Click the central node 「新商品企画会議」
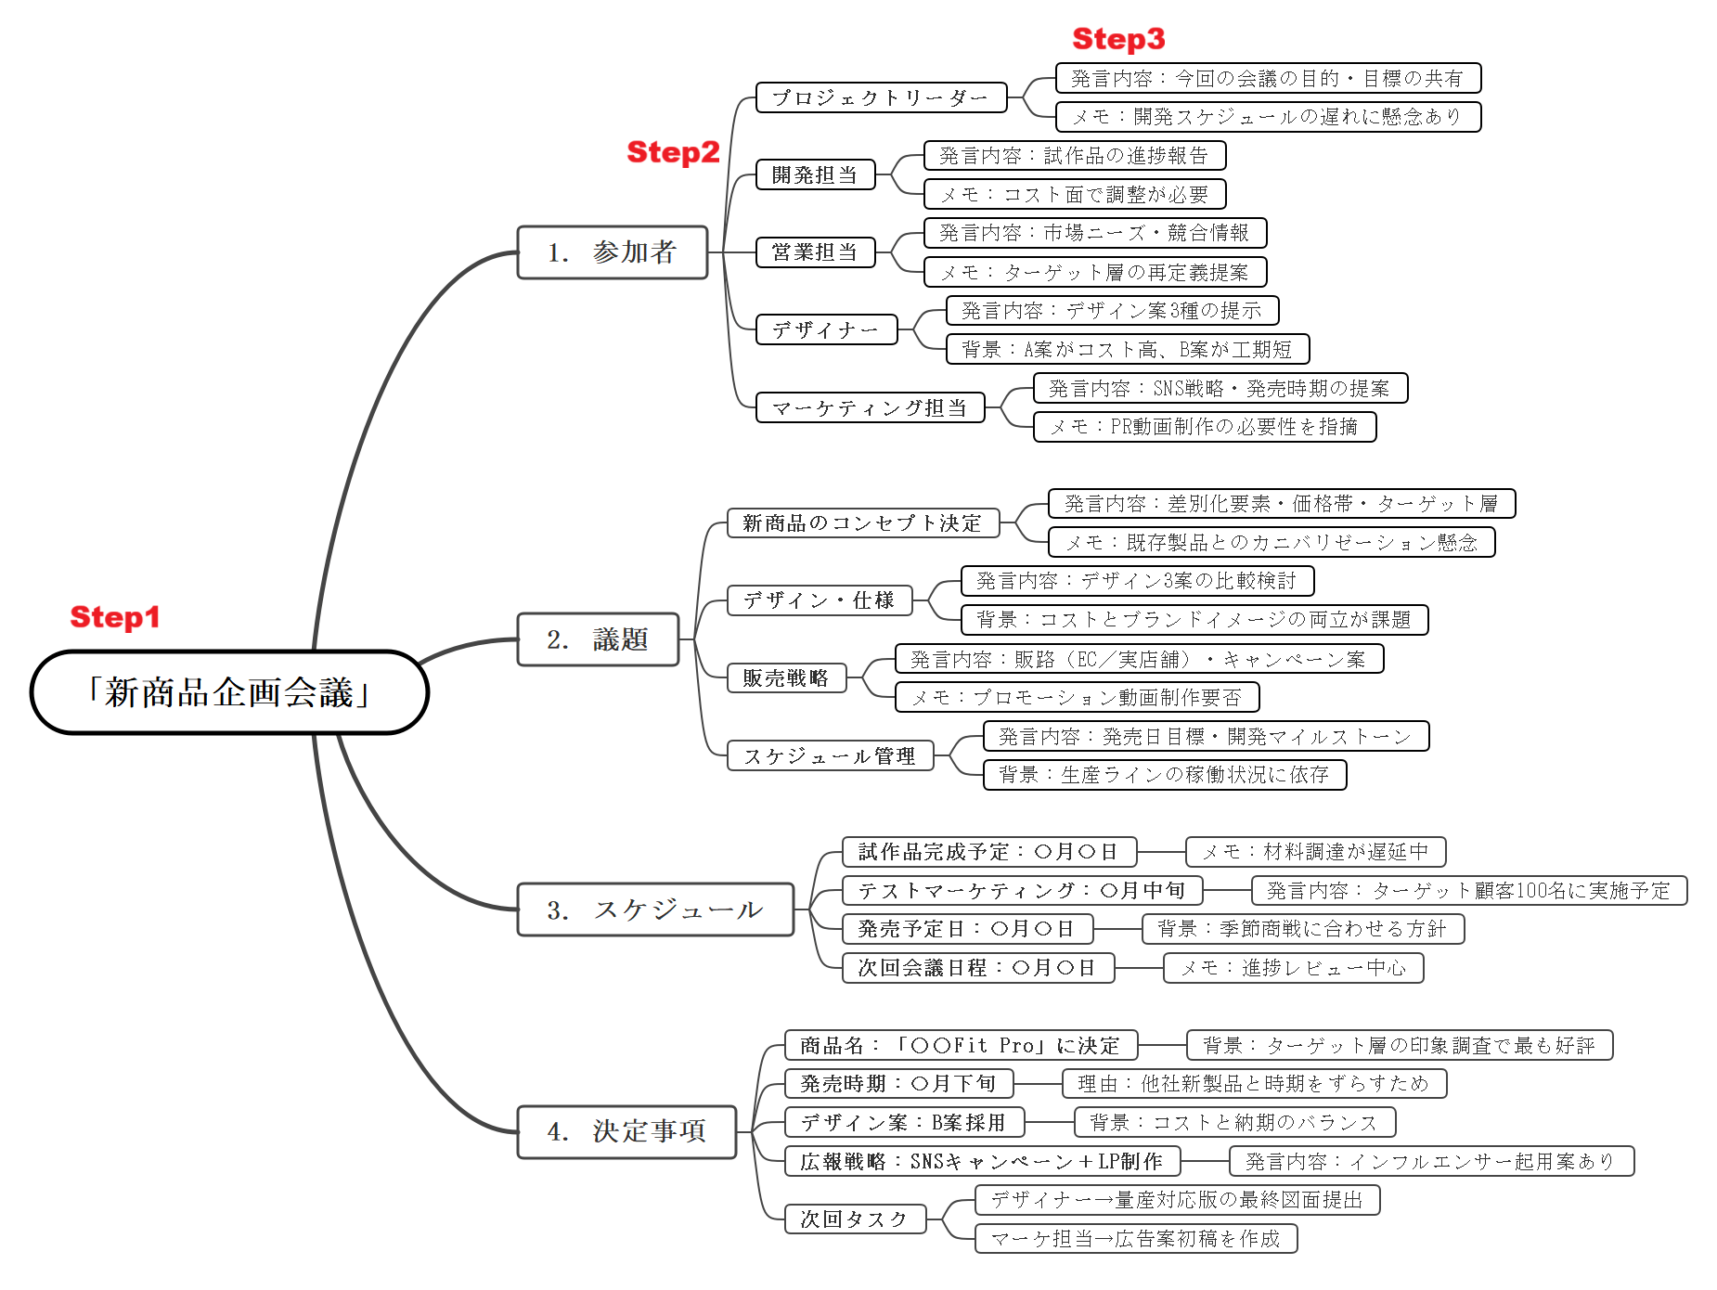point(229,692)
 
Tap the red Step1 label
point(115,617)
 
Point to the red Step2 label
point(673,152)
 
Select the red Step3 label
point(1118,39)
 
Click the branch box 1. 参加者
point(613,252)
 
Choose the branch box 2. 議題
point(598,639)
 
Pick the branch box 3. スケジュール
point(655,909)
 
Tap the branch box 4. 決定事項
point(626,1131)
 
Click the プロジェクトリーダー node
point(881,97)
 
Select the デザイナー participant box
point(826,329)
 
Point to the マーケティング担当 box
point(870,407)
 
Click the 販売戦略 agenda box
point(786,677)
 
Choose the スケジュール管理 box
point(830,755)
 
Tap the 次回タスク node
point(855,1219)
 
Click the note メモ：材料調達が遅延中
point(1315,851)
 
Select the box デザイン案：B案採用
point(904,1122)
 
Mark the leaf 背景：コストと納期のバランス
point(1234,1122)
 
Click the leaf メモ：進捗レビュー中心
point(1293,968)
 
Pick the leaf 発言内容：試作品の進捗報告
point(1075,155)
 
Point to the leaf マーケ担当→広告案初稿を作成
point(1136,1238)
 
